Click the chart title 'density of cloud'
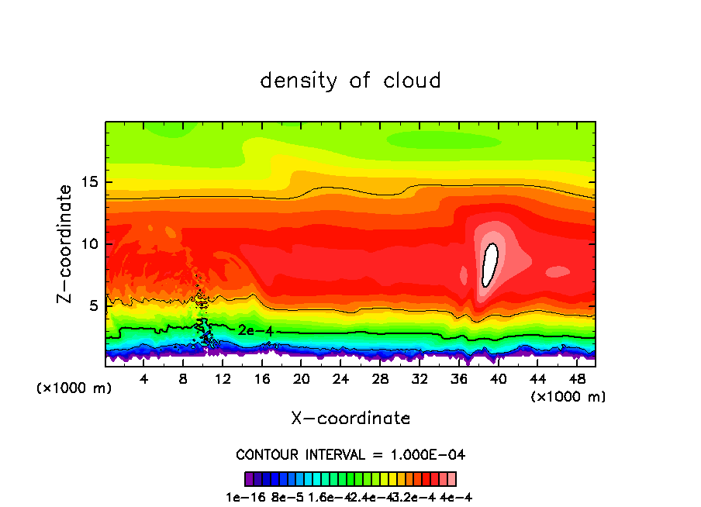pos(350,81)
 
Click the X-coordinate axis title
pos(350,419)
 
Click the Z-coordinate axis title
pos(67,243)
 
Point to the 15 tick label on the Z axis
pos(87,183)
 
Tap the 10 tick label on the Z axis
pos(87,244)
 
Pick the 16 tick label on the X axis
pos(261,379)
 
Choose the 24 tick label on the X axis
pos(340,379)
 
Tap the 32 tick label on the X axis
pos(419,379)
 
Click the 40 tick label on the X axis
pos(497,379)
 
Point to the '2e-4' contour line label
pos(254,330)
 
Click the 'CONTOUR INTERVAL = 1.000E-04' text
pos(350,454)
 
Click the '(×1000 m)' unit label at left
pos(74,388)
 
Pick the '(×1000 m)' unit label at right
pos(568,396)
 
